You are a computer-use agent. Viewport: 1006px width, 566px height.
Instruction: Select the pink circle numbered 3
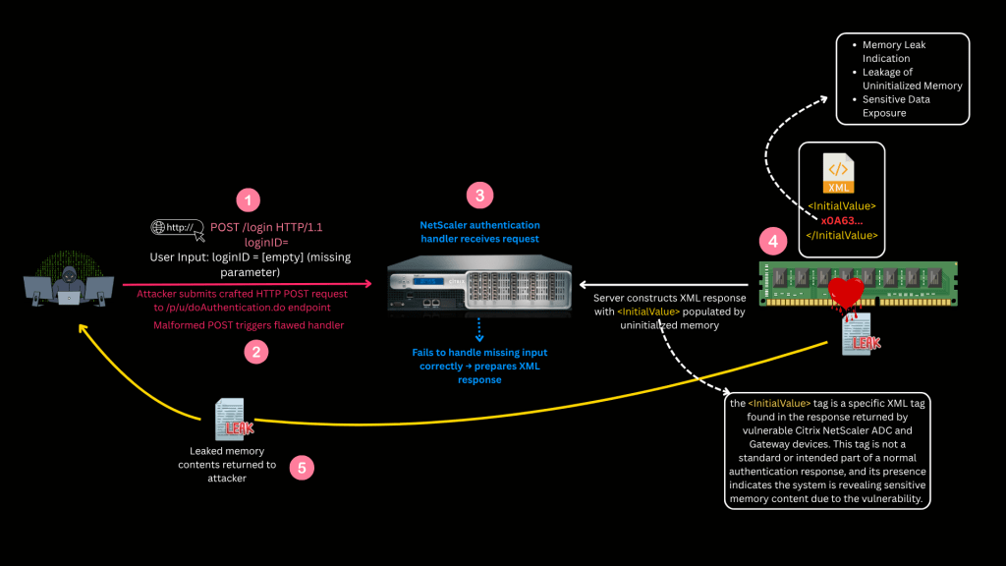(x=479, y=195)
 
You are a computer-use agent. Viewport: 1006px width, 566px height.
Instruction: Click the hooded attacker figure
(x=67, y=279)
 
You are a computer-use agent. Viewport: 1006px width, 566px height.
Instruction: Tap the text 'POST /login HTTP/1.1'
(x=267, y=228)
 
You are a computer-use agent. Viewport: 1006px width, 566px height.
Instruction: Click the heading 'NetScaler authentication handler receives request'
(x=478, y=232)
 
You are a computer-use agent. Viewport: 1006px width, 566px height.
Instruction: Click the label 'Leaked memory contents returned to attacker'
(x=227, y=464)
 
